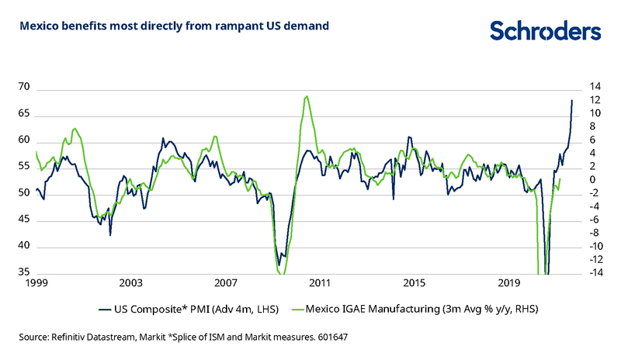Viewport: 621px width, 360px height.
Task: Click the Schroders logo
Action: [545, 30]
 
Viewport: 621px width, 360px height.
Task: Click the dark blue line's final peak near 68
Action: [572, 100]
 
